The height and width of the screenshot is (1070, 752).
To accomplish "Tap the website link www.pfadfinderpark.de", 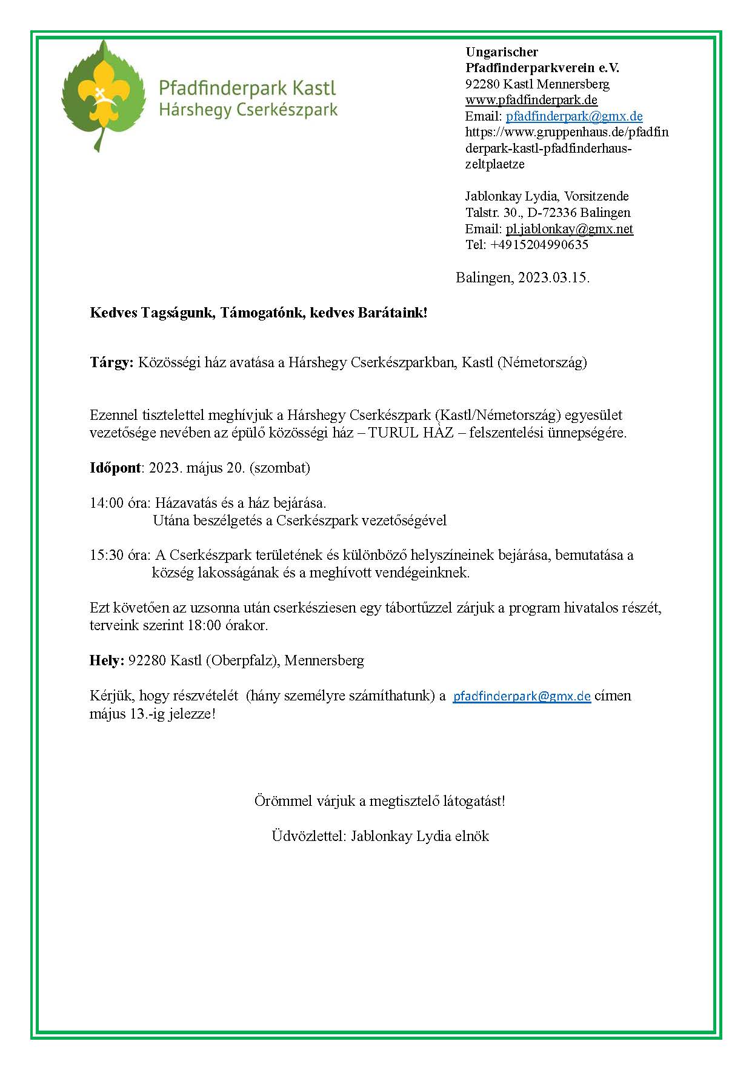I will [531, 100].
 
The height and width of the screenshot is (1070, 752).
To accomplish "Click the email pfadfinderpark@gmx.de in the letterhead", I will [574, 116].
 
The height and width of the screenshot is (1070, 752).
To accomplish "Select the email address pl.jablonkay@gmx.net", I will [569, 229].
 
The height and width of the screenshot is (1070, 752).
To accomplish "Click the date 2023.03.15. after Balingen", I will [553, 278].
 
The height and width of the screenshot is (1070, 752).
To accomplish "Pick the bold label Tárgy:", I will [111, 362].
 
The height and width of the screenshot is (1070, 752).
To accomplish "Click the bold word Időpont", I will [115, 468].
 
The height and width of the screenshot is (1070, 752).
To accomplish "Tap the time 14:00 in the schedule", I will [106, 503].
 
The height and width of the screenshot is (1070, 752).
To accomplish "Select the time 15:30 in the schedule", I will [106, 555].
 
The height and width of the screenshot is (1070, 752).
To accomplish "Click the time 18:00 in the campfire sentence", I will [204, 625].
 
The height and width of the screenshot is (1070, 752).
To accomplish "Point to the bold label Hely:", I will [107, 660].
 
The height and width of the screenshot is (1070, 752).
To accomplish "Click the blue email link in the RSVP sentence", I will [522, 696].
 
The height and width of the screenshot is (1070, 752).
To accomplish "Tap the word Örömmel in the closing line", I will [283, 801].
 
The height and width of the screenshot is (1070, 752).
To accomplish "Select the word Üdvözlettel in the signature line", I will [308, 836].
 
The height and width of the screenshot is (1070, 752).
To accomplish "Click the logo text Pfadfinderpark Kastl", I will [247, 88].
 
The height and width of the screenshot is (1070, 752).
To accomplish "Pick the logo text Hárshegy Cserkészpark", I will [248, 110].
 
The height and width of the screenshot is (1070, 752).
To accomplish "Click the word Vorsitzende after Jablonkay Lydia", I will [596, 196].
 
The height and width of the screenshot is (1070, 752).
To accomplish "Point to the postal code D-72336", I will [552, 213].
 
